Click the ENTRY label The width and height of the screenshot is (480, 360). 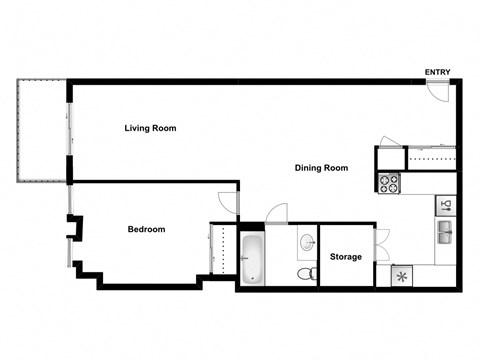point(437,72)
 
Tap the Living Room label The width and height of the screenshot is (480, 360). point(151,128)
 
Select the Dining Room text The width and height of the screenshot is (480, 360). point(321,168)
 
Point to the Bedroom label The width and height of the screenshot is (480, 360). point(146,229)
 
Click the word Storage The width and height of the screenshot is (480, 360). point(346,257)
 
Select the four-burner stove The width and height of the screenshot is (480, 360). point(389,184)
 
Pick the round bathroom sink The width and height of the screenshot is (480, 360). point(305,243)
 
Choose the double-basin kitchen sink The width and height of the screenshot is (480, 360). point(447,234)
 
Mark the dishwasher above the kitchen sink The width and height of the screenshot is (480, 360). point(447,206)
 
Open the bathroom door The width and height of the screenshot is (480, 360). point(276,213)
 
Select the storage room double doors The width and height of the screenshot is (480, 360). point(380,243)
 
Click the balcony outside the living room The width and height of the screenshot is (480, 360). point(41,133)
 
